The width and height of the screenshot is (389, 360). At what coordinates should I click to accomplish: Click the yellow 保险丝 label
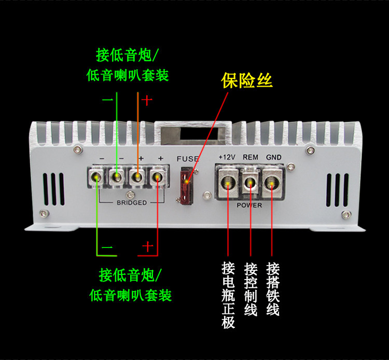[246, 81]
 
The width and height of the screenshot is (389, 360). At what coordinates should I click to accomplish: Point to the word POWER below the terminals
[251, 205]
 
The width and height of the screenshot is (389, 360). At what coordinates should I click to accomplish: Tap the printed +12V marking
[227, 157]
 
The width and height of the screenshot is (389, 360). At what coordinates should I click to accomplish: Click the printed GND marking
[273, 157]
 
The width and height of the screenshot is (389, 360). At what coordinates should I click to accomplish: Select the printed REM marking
[251, 157]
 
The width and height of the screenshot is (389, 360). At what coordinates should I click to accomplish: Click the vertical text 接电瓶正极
[228, 295]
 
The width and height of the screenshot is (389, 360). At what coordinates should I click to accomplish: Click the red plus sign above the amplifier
[147, 100]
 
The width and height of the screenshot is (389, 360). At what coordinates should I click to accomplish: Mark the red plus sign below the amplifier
[148, 247]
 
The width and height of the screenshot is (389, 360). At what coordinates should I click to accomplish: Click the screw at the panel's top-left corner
[77, 150]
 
